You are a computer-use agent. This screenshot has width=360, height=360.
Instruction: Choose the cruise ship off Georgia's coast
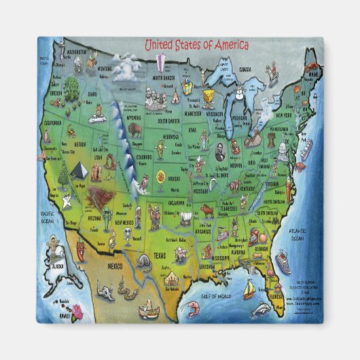point(283,260)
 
